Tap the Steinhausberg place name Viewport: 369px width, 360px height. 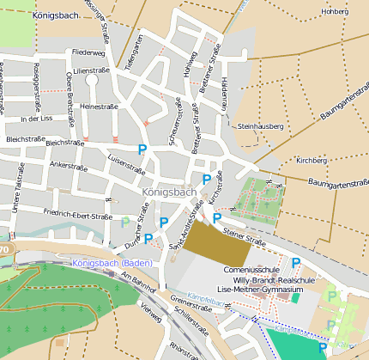[x=260, y=126]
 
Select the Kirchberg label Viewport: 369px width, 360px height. [x=311, y=161]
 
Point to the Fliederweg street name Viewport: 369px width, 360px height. [x=88, y=52]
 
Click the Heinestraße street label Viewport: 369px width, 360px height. [x=98, y=107]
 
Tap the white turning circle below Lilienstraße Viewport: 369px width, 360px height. [x=92, y=80]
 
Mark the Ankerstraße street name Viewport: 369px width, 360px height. [x=70, y=163]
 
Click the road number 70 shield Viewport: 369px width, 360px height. [x=3, y=250]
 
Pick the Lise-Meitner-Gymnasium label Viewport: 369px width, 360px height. [x=261, y=290]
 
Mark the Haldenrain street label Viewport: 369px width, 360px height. [x=225, y=89]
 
